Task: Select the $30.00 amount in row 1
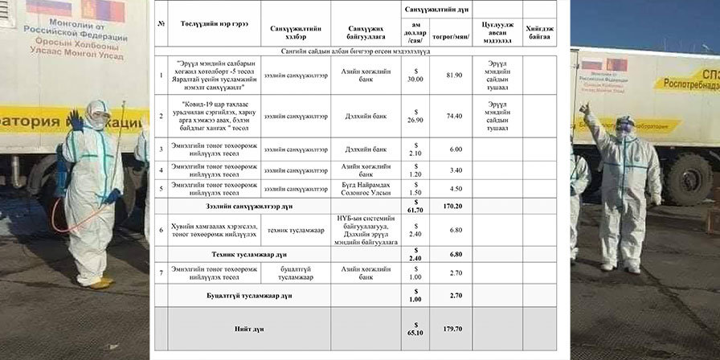(415, 76)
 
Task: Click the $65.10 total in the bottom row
(415, 328)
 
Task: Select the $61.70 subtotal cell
(415, 207)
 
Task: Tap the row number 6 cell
(162, 230)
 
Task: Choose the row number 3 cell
(162, 149)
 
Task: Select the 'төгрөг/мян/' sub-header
(452, 35)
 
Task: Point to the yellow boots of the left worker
(98, 282)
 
